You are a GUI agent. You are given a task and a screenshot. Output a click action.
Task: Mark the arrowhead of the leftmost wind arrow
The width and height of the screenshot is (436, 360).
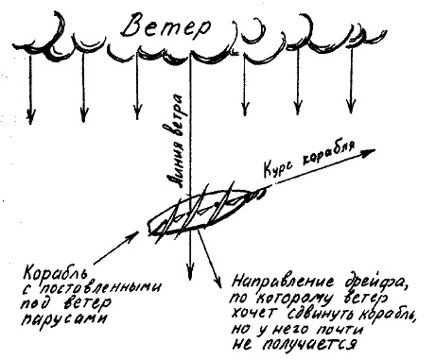click(29, 117)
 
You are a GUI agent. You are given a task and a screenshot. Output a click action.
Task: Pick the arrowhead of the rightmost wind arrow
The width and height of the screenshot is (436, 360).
click(354, 105)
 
